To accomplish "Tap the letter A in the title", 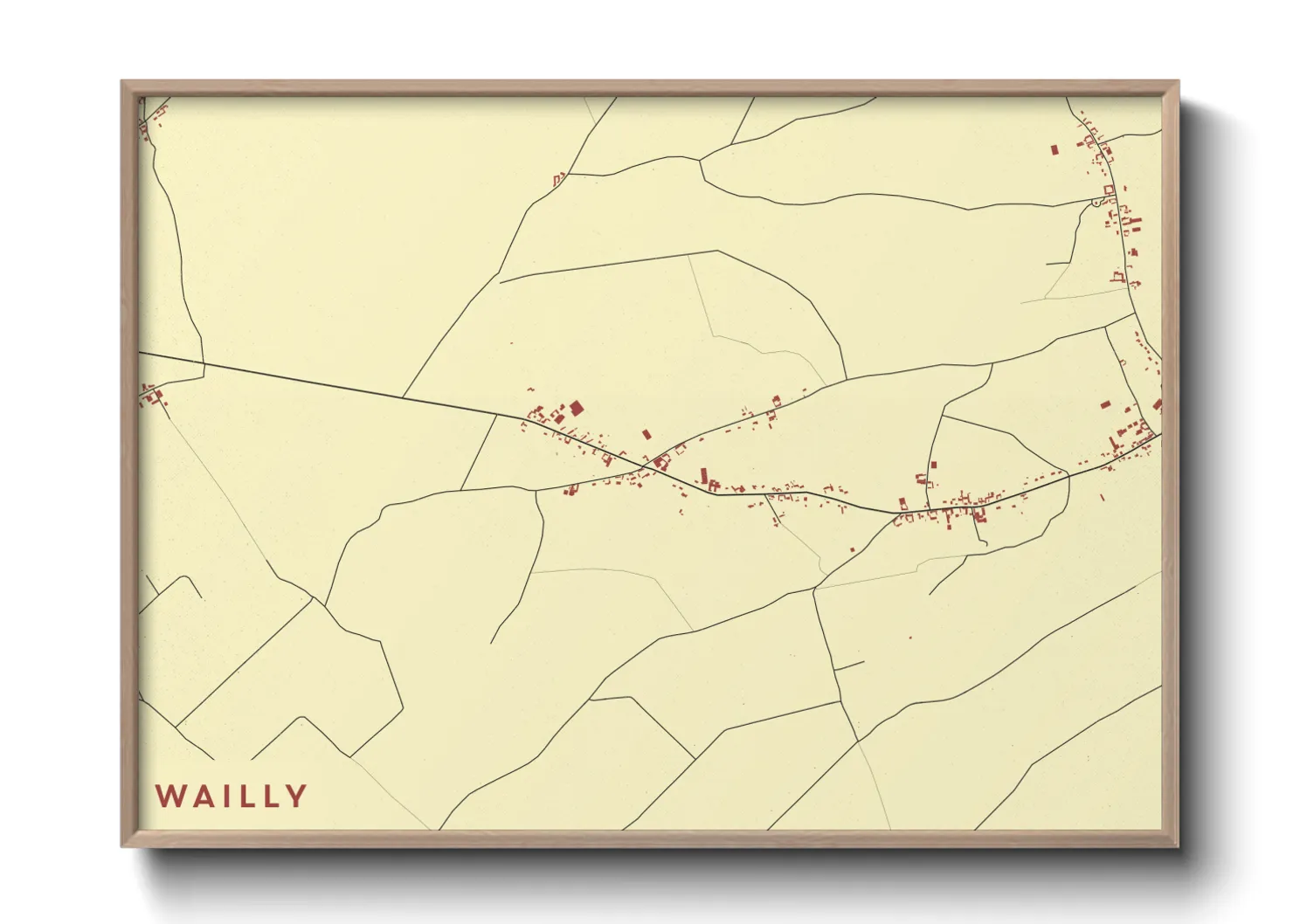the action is [199, 796].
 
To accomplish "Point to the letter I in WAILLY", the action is [224, 796].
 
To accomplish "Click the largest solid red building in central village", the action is [576, 408].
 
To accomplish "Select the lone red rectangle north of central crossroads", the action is [646, 433].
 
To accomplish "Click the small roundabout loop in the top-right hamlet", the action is [1096, 203].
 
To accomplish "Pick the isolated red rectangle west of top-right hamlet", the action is [1054, 149].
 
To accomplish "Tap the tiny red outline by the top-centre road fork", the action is [557, 180].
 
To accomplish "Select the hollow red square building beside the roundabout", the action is [1110, 190].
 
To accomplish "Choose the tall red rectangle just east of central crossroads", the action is [704, 476].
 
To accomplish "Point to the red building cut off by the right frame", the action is [1158, 404].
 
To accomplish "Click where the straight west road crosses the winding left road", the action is [204, 362].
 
